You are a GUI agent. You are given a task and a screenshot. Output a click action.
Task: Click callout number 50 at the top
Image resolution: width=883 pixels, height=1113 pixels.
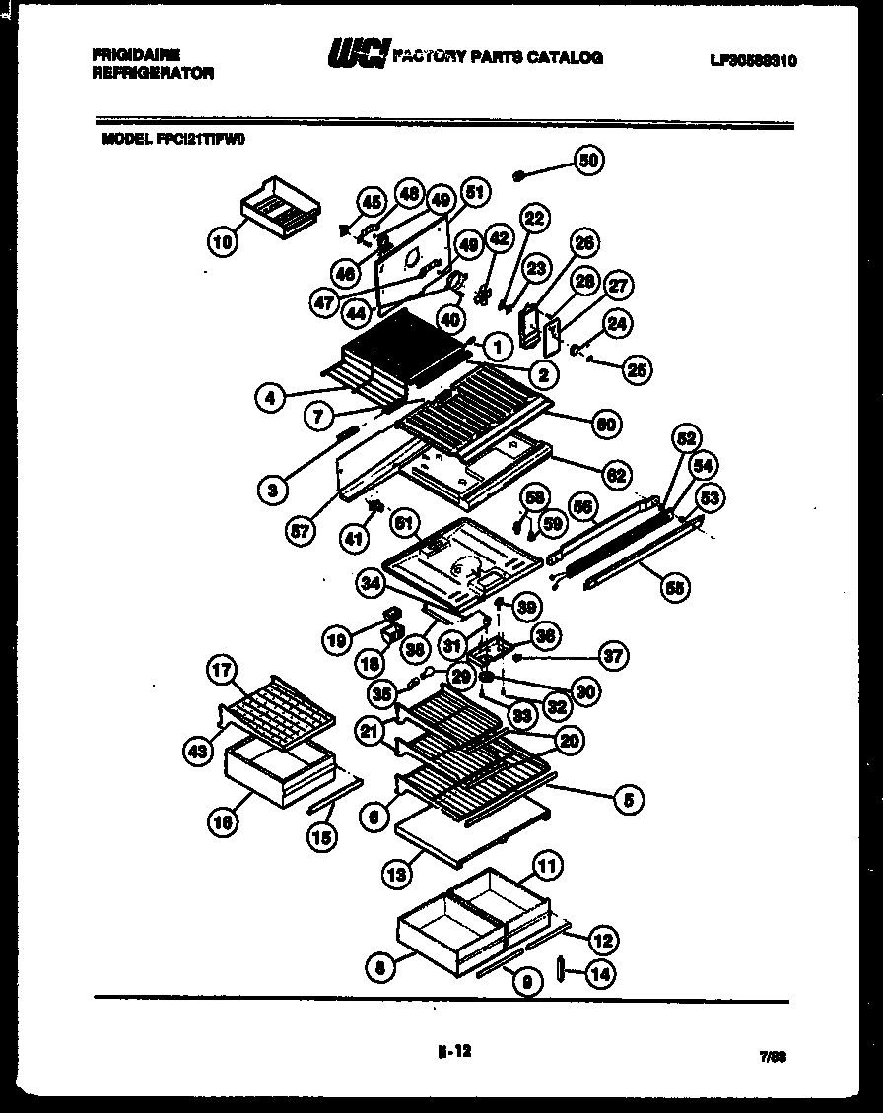click(588, 162)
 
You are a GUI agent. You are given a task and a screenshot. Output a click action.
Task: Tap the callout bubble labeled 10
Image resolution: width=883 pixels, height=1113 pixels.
click(224, 240)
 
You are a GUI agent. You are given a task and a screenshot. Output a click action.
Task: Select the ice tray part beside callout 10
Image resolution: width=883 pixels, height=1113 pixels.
click(281, 208)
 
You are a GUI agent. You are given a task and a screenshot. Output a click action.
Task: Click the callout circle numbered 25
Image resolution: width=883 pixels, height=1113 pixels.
click(637, 369)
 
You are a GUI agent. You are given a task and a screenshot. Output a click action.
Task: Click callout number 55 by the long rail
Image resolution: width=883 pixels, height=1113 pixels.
click(674, 588)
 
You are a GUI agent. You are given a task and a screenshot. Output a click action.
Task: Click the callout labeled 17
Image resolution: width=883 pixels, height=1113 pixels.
click(222, 671)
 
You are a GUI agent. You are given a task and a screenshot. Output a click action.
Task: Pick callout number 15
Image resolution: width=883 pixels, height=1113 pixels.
click(321, 837)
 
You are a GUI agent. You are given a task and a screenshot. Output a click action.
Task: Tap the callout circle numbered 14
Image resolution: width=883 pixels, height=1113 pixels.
click(598, 974)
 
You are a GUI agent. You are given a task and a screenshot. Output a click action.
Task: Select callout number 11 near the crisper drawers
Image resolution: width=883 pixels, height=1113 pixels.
click(547, 867)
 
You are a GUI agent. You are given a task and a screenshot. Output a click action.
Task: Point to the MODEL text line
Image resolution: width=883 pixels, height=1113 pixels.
click(172, 140)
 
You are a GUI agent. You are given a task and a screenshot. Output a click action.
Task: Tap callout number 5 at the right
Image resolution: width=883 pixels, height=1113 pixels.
click(627, 800)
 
